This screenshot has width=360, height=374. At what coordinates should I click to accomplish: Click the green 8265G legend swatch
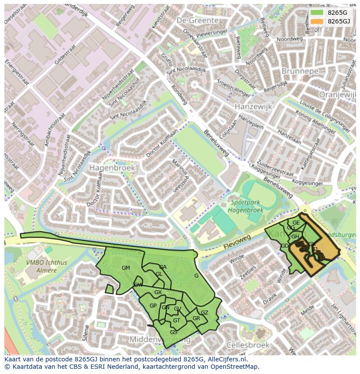pyautogui.click(x=317, y=13)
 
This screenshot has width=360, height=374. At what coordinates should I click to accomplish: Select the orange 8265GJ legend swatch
pyautogui.click(x=317, y=21)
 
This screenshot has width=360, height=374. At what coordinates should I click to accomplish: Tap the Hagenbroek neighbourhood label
pyautogui.click(x=112, y=167)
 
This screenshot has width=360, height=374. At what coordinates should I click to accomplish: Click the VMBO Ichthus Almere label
pyautogui.click(x=41, y=266)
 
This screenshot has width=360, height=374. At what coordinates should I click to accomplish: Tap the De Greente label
pyautogui.click(x=197, y=20)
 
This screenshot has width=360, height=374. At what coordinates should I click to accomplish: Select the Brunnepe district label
pyautogui.click(x=300, y=71)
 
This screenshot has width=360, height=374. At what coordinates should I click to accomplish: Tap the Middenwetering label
pyautogui.click(x=160, y=339)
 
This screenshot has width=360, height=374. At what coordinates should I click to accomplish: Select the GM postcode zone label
pyautogui.click(x=126, y=268)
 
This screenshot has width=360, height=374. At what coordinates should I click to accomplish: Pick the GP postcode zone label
pyautogui.click(x=153, y=306)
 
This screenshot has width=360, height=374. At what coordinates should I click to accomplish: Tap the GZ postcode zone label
pyautogui.click(x=204, y=313)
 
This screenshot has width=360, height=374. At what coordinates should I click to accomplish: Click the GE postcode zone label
pyautogui.click(x=296, y=223)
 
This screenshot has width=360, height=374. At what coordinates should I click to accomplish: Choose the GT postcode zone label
pyautogui.click(x=177, y=321)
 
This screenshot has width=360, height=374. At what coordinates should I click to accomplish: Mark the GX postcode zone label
pyautogui.click(x=158, y=292)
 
